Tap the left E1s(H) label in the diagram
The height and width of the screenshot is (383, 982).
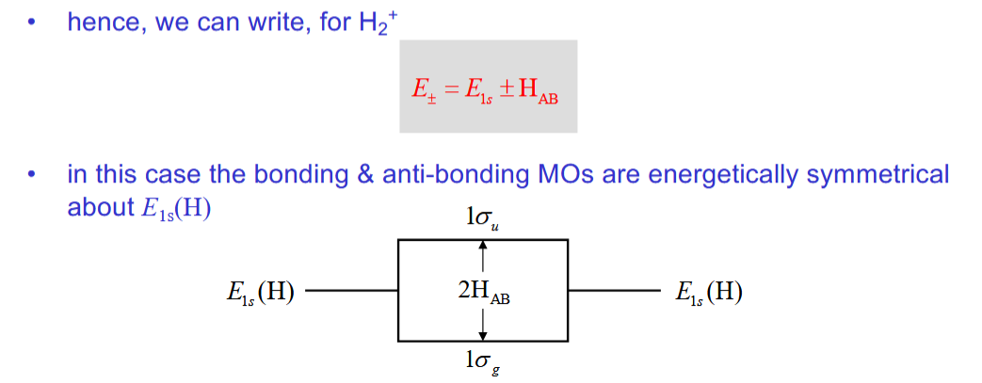click(254, 293)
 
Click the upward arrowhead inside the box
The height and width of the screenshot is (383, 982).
click(483, 246)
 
